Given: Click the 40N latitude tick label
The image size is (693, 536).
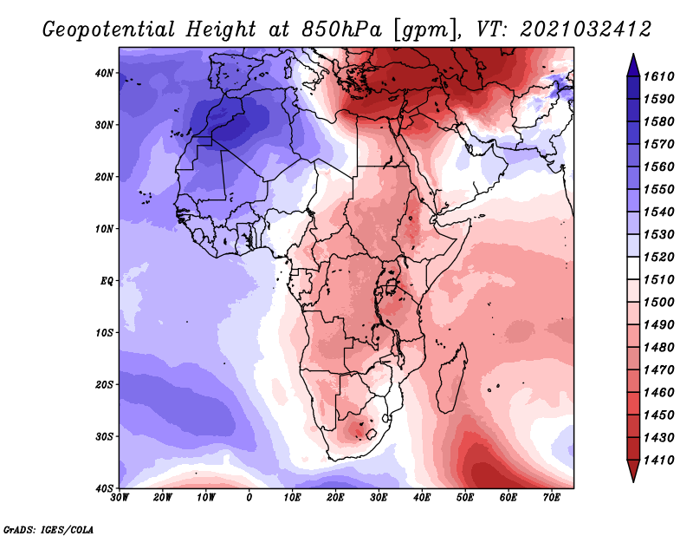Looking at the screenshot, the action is (104, 73).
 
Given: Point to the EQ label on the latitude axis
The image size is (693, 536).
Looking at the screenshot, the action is (107, 281).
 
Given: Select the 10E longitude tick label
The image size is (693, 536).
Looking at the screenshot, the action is (292, 498).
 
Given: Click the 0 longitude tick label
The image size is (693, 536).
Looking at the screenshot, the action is (249, 498).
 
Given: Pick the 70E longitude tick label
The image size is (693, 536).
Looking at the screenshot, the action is (552, 498).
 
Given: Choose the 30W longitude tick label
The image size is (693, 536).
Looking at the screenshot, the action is (120, 498).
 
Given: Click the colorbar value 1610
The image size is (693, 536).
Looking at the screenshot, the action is (658, 76).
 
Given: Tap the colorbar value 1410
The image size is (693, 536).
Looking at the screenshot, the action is (658, 461).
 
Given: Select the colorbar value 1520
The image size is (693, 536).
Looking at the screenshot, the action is (658, 257).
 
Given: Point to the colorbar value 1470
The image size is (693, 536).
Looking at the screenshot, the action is (658, 370).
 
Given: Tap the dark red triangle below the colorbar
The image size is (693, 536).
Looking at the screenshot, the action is (633, 470).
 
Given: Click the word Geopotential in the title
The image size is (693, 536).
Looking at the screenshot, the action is (109, 30).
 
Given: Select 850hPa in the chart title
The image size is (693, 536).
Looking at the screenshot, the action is (341, 29).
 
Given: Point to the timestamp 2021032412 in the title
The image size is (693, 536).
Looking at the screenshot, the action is (586, 29).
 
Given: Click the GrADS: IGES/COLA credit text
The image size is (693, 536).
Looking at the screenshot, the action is (49, 530).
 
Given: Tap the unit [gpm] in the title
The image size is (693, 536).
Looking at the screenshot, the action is (426, 30).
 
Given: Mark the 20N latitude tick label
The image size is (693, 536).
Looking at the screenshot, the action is (104, 177).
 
